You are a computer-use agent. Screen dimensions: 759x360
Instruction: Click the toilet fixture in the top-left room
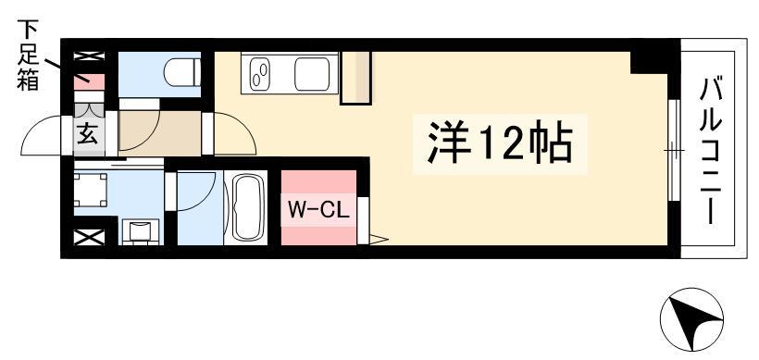tap(183, 72)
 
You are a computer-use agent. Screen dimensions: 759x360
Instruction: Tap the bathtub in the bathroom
tap(249, 206)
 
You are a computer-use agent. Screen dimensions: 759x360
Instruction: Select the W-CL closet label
tap(318, 209)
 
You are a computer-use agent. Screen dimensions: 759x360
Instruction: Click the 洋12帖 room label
tap(500, 144)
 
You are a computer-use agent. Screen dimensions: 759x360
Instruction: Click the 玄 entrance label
tap(88, 133)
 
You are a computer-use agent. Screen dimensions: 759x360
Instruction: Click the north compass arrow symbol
tap(691, 319)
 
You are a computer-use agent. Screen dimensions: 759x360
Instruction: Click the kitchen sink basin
tap(312, 74)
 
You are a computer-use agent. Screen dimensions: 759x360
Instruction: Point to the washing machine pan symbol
tap(90, 190)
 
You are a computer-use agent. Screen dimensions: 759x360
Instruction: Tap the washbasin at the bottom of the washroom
tap(141, 231)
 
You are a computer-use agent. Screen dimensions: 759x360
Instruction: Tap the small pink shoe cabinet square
tap(89, 81)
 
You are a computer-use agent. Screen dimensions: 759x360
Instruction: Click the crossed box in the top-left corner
tap(89, 56)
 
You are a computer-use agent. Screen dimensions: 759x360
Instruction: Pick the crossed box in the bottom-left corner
tap(89, 237)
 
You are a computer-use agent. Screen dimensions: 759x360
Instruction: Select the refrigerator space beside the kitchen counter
tap(356, 78)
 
